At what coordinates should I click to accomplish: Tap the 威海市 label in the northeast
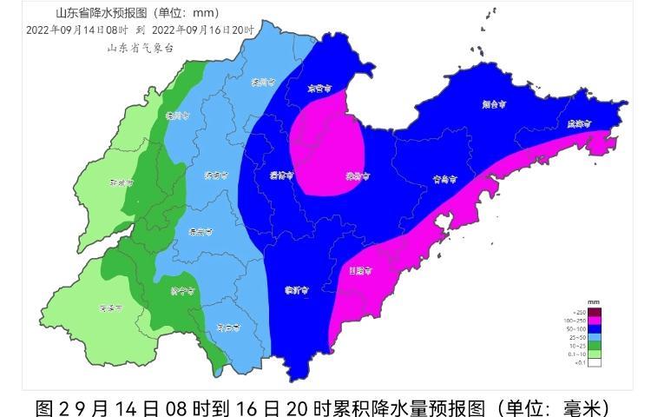click(x=577, y=124)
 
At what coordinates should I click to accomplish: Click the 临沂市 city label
click(x=297, y=291)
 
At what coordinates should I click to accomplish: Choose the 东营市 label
click(x=320, y=88)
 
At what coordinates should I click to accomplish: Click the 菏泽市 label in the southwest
click(x=110, y=308)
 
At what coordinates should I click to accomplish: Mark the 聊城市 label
click(x=121, y=183)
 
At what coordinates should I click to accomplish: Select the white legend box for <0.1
click(x=595, y=361)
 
